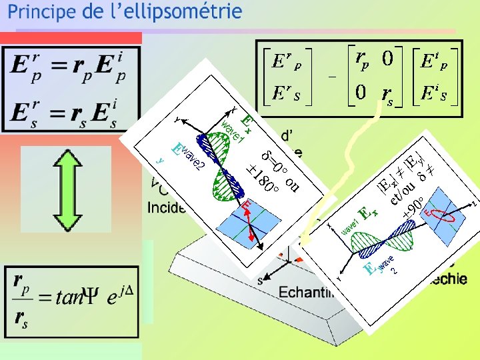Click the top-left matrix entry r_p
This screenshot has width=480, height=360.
click(364, 60)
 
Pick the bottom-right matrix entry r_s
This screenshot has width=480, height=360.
click(386, 94)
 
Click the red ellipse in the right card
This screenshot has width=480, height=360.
click(440, 215)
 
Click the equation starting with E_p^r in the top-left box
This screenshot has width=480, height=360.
click(69, 68)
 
